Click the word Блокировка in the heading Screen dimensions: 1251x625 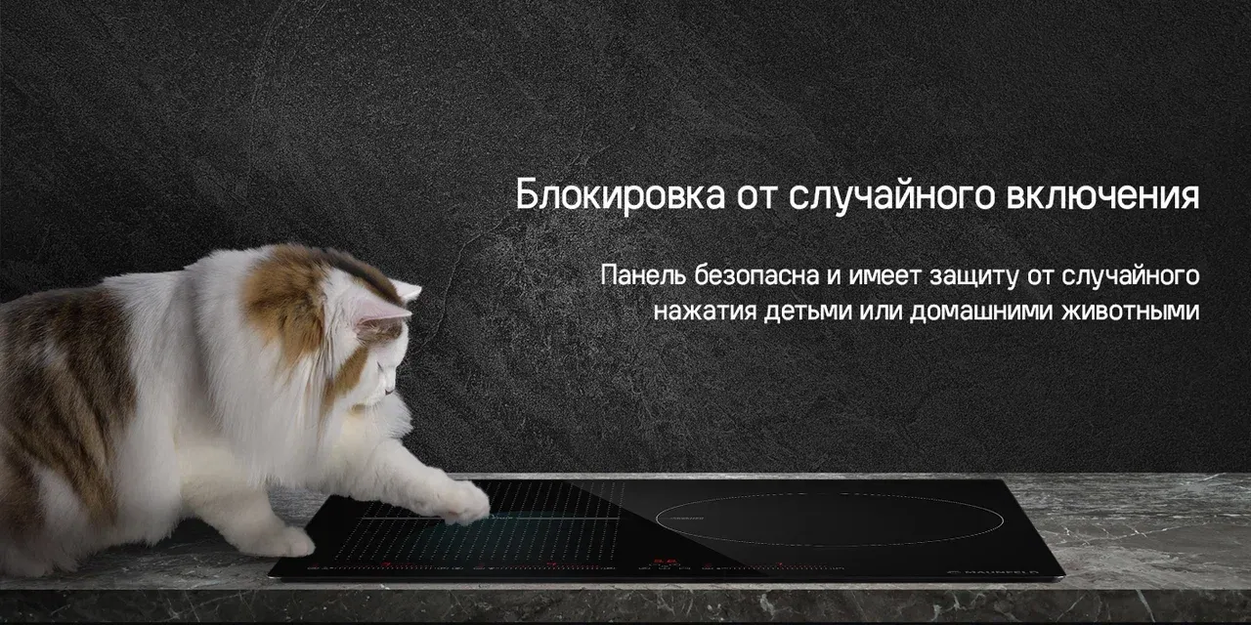tap(620, 194)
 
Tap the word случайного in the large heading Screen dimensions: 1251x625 tap(892, 196)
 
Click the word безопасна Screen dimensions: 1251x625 tap(756, 275)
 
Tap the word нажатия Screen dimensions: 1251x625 tap(705, 312)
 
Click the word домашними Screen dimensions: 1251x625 tap(981, 312)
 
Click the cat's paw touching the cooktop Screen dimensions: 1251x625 tap(463, 503)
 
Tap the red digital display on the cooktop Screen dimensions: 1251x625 tap(666, 562)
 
